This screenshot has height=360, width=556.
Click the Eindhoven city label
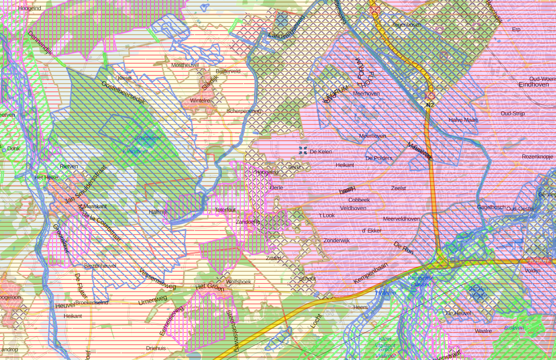point(534,85)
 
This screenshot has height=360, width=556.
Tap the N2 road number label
point(430,105)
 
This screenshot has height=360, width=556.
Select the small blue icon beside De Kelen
point(303,150)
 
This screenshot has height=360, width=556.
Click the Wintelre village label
point(200,101)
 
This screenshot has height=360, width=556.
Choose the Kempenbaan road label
point(371,273)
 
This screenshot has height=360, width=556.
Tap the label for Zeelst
point(398,188)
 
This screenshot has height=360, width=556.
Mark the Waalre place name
point(483,331)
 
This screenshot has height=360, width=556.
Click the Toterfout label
point(225,210)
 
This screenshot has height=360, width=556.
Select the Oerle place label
point(276,188)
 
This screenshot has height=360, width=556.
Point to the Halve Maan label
point(463,120)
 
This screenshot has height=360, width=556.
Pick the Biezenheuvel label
point(100,266)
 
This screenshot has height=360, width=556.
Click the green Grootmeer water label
point(148,138)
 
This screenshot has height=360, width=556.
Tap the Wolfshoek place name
point(239,282)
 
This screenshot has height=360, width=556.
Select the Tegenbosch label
point(407,24)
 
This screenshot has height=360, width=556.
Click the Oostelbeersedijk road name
point(123,92)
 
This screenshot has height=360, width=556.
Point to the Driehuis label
point(156,348)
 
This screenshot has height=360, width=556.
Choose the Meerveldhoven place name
point(401,219)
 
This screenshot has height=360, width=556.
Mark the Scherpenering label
point(244,111)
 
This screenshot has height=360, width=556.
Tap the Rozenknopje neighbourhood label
point(538,157)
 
